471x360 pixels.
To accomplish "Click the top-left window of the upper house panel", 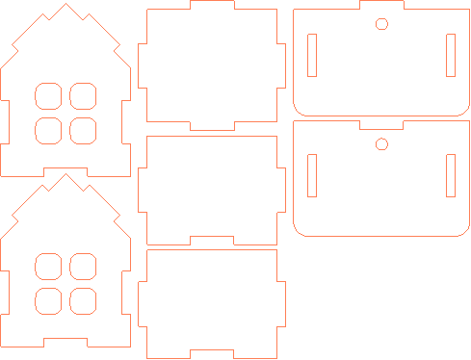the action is (48, 95).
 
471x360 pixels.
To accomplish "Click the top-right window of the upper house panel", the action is (82, 95).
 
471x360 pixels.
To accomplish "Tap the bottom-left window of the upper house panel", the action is (48, 129).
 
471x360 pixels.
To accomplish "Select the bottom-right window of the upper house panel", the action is (82, 129).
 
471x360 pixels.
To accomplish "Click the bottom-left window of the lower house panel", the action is (48, 300).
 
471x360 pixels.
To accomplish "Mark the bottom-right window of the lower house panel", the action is (82, 300).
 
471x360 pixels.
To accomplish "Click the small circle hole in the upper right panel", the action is (381, 24).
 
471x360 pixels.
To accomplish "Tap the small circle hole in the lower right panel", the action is (381, 144).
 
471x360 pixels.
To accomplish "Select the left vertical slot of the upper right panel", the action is (311, 55).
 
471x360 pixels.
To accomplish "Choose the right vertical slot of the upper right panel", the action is (451, 55).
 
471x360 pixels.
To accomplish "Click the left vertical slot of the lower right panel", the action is (311, 175).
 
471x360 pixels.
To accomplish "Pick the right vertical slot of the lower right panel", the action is (451, 175).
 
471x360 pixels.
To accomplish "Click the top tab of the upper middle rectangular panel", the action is (212, 5).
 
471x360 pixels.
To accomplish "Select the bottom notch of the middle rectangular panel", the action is (212, 240).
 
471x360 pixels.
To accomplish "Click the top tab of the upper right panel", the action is (382, 6).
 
